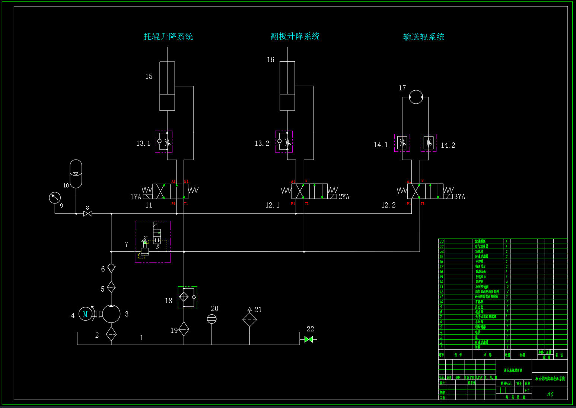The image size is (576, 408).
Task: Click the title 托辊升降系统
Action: pyautogui.click(x=168, y=36)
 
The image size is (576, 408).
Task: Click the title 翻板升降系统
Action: pyautogui.click(x=295, y=36)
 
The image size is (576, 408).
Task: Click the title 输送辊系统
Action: pyautogui.click(x=424, y=37)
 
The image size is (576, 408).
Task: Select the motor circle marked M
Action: pyautogui.click(x=85, y=314)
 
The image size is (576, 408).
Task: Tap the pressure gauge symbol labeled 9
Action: pyautogui.click(x=55, y=197)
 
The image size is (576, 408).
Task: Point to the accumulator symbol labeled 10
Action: pyautogui.click(x=76, y=174)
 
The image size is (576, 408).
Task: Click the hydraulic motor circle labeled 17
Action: pyautogui.click(x=416, y=97)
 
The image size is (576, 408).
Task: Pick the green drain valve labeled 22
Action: pyautogui.click(x=309, y=339)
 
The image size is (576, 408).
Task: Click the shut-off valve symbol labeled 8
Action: pyautogui.click(x=88, y=214)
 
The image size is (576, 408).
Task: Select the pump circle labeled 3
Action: pyautogui.click(x=111, y=314)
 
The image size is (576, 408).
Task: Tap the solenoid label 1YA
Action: pyautogui.click(x=136, y=197)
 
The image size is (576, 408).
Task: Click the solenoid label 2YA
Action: pyautogui.click(x=344, y=197)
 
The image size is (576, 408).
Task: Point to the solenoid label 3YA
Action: pyautogui.click(x=460, y=197)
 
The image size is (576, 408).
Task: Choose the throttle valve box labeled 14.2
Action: pyautogui.click(x=429, y=143)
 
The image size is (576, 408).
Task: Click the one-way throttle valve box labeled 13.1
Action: pyautogui.click(x=164, y=142)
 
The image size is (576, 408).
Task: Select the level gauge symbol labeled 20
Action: pyautogui.click(x=211, y=319)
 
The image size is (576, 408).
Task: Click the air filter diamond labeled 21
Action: pyautogui.click(x=249, y=319)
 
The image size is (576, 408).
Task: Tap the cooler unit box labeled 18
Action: pyautogui.click(x=187, y=297)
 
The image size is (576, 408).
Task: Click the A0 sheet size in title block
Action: pyautogui.click(x=550, y=394)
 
